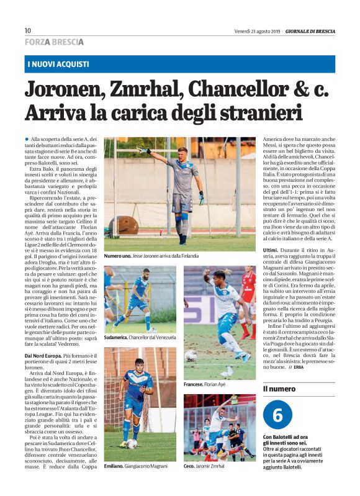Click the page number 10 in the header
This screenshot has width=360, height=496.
27,30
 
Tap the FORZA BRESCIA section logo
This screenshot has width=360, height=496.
54,42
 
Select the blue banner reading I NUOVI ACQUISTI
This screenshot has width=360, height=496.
58,64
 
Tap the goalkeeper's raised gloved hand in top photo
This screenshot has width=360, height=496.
145,151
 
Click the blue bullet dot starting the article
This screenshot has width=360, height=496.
27,140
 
